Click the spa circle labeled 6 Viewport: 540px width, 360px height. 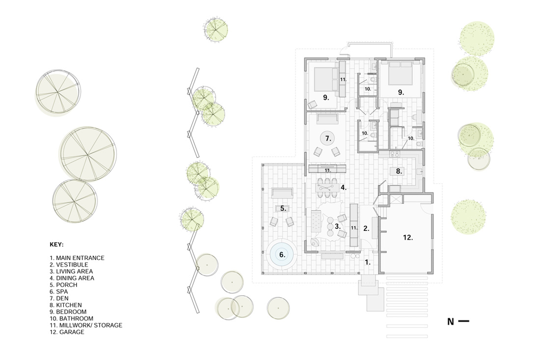point(282,255)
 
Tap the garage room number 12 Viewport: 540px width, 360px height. point(408,237)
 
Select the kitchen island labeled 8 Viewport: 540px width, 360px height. point(399,171)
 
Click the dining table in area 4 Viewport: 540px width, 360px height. point(327,188)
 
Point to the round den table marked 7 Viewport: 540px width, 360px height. point(328,138)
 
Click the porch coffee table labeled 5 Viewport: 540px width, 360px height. point(282,208)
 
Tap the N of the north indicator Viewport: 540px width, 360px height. point(451,322)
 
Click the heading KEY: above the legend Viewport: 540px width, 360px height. point(56,245)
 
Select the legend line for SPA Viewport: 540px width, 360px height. point(58,291)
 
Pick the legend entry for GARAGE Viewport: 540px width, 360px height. point(67,332)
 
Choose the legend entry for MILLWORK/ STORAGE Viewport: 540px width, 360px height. point(86,325)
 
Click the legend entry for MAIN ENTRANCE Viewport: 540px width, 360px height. point(77,258)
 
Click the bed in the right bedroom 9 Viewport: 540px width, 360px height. point(401,73)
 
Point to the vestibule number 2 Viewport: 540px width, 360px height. point(366,228)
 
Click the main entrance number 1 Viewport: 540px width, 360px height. point(368,262)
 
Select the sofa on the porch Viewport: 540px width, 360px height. point(282,193)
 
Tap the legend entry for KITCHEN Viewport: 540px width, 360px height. point(66,305)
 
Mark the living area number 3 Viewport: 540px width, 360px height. point(338,226)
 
